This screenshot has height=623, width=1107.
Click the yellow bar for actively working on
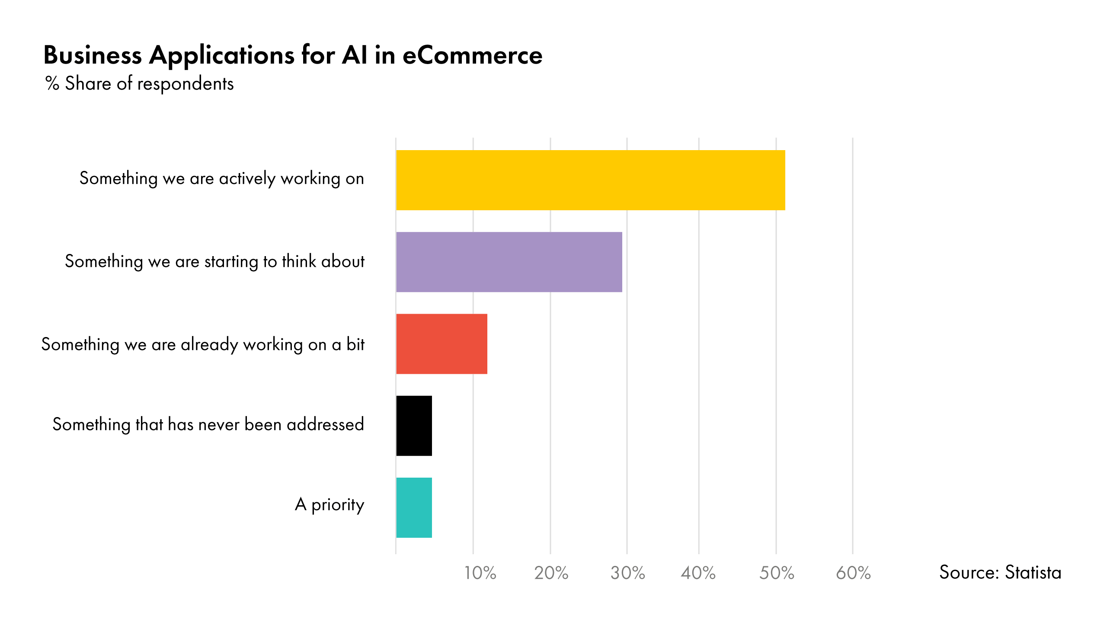[x=590, y=180]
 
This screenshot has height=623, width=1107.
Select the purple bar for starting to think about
[x=509, y=262]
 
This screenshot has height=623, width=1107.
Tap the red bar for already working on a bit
[x=442, y=344]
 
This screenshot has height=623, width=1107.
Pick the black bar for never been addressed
[x=414, y=425]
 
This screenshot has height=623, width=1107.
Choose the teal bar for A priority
[x=414, y=507]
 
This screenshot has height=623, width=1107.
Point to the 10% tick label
[x=480, y=573]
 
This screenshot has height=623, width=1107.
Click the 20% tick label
[x=551, y=573]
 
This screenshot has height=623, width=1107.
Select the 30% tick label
[x=627, y=573]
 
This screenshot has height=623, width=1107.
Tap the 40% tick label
[x=698, y=573]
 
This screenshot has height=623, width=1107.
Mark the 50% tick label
[x=777, y=573]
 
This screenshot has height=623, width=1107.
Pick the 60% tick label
[x=853, y=573]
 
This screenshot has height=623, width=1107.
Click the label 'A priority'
[x=330, y=505]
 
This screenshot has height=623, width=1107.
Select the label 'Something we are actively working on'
[x=221, y=179]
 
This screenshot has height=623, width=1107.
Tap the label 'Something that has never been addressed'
[x=208, y=424]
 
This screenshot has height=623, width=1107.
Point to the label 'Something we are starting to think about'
[x=214, y=262]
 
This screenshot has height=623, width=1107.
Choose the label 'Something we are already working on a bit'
[x=203, y=345]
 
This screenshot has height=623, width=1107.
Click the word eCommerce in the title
[x=472, y=55]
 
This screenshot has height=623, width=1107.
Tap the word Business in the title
[x=93, y=55]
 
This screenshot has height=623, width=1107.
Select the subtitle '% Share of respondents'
[x=139, y=83]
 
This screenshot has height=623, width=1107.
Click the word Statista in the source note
[x=1033, y=572]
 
